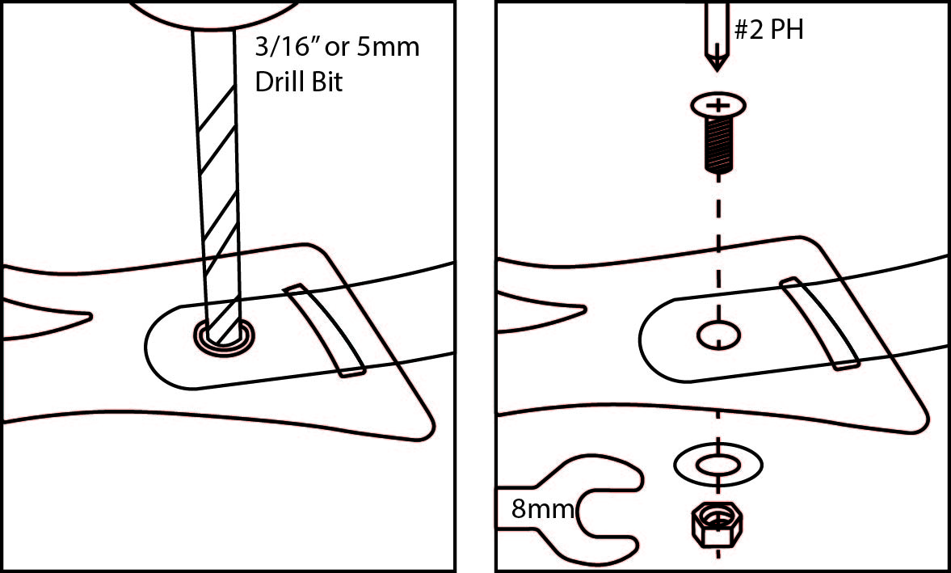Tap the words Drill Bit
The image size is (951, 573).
[x=298, y=82]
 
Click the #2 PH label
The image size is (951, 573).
[x=768, y=32]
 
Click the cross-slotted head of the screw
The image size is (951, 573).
[x=717, y=106]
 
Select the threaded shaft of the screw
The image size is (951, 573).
[x=717, y=145]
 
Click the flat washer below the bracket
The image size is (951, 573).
[x=718, y=465]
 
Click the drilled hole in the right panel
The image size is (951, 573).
[x=718, y=334]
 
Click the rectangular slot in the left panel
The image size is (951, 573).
[x=323, y=330]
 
